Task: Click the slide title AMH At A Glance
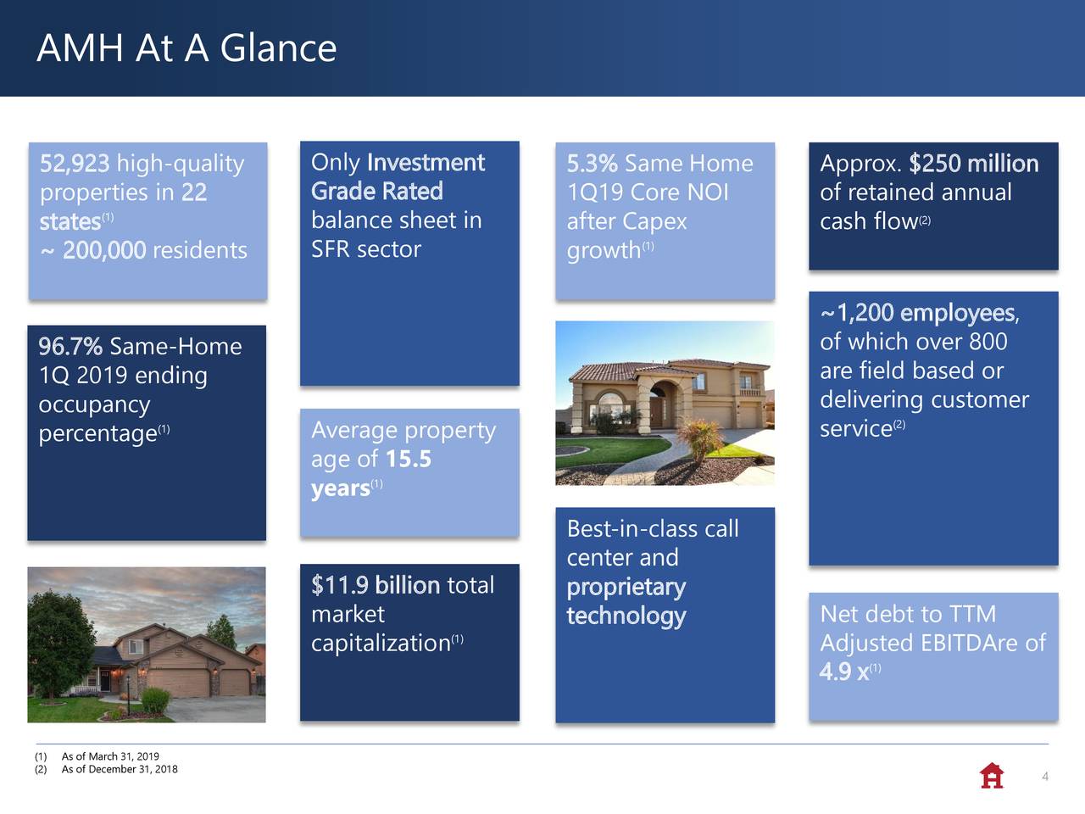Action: (x=186, y=48)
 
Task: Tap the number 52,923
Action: (x=75, y=163)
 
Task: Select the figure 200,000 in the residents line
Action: (x=104, y=250)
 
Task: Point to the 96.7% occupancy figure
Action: (x=70, y=346)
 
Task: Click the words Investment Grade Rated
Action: (x=398, y=176)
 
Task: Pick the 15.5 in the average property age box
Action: (x=409, y=459)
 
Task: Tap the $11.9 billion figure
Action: (x=376, y=585)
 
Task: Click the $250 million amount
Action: (x=974, y=163)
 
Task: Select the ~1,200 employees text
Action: (x=920, y=313)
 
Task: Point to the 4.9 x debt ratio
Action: (x=843, y=672)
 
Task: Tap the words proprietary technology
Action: (x=626, y=601)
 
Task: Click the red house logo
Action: (x=992, y=776)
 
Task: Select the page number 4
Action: (x=1045, y=777)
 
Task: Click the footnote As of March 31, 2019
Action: (x=110, y=756)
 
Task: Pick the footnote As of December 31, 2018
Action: (x=120, y=769)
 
